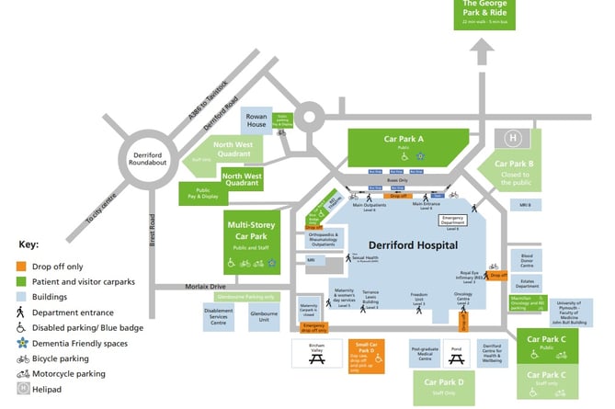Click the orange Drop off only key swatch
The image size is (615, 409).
point(25,266)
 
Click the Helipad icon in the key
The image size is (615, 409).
point(25,390)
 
